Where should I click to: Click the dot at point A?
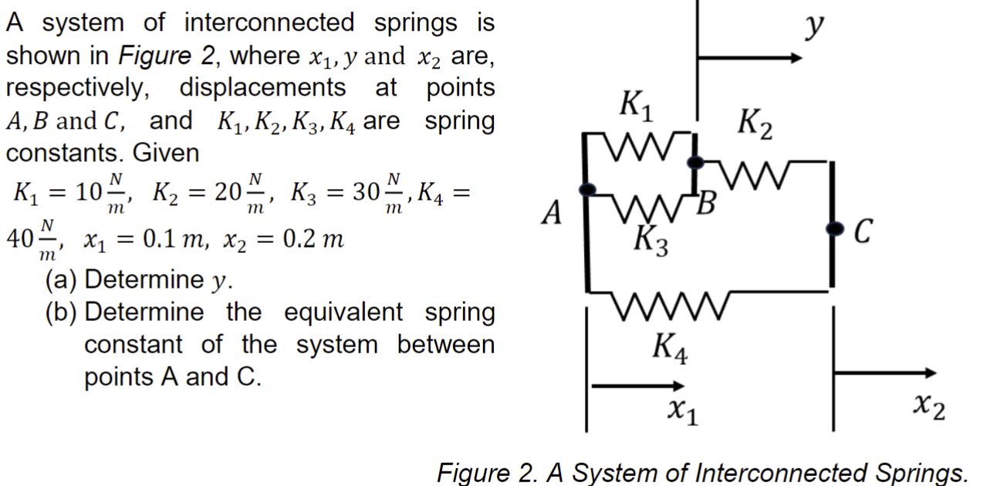click(x=586, y=188)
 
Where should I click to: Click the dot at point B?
click(x=695, y=162)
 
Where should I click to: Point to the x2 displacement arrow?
click(x=887, y=373)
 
